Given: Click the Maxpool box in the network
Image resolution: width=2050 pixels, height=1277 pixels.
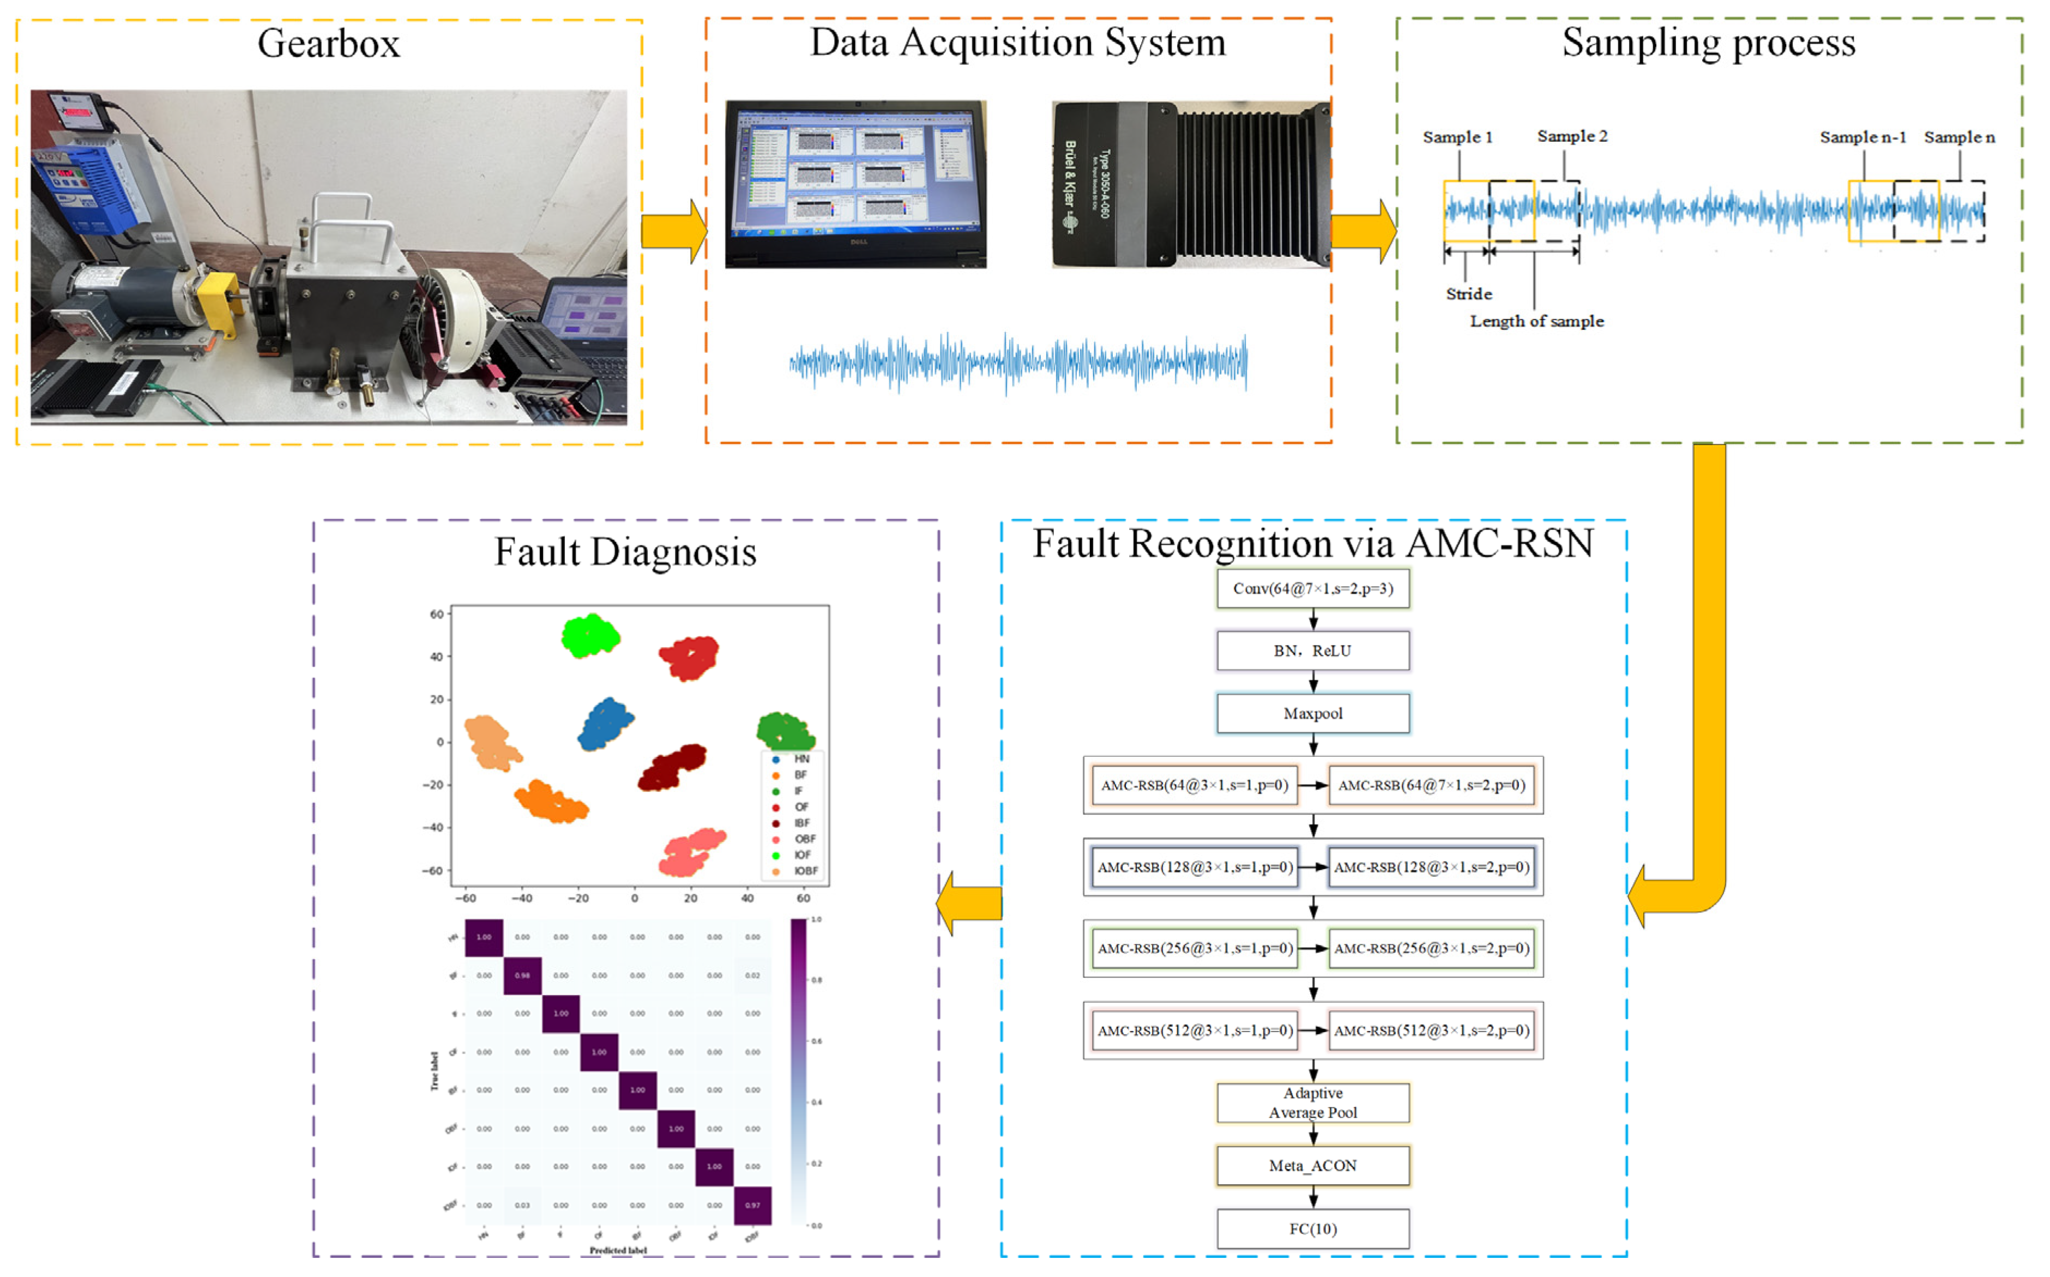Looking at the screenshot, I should [1313, 714].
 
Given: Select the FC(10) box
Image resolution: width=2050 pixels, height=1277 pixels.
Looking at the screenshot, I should [1313, 1229].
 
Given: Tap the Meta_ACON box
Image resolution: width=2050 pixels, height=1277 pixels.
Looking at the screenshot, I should [1313, 1166].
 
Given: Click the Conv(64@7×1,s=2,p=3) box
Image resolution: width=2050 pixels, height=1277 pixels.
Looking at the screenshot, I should [1313, 589].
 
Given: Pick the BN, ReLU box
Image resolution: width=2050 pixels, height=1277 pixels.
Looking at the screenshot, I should [1313, 651].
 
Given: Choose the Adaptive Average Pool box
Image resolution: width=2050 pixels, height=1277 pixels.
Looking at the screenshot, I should [1313, 1103].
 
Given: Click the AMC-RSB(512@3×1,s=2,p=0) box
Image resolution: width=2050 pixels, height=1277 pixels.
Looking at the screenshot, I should [1432, 1031].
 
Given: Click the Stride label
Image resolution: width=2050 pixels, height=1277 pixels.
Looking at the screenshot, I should [1469, 294].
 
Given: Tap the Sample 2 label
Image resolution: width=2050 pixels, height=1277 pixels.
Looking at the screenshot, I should [1572, 136].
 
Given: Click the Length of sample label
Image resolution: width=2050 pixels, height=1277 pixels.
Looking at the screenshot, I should [1536, 321].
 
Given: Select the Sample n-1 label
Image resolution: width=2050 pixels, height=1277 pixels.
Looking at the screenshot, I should [1862, 137].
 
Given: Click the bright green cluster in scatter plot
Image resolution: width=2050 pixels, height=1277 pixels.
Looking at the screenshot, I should [590, 636].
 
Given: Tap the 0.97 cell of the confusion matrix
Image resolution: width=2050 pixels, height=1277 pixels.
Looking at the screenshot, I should [752, 1205].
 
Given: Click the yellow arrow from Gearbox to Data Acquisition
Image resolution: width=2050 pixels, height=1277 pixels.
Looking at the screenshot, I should [673, 231].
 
